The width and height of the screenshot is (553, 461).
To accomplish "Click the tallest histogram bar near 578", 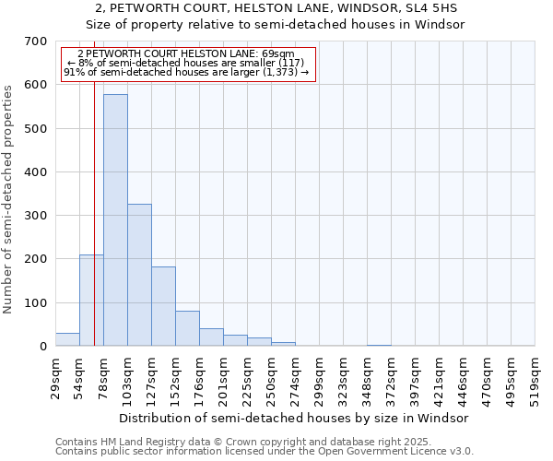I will point(115,220).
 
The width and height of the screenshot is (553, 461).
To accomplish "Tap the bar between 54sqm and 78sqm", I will point(91,301).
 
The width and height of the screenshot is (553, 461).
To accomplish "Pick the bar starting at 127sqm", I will point(163,306).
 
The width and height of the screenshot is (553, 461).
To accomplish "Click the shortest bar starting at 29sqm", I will point(67,339).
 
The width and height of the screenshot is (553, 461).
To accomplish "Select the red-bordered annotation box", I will point(188,64).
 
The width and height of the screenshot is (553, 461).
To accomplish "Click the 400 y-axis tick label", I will point(36,172).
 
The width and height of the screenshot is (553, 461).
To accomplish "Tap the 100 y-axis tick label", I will point(36,303).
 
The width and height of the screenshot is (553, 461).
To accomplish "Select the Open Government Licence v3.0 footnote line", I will point(265,452).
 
